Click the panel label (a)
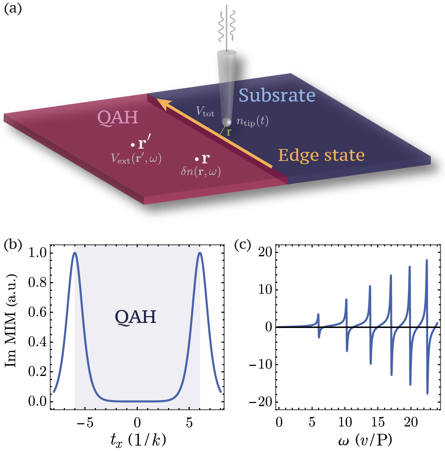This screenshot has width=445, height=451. pyautogui.click(x=13, y=8)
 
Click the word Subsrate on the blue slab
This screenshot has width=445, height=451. pyautogui.click(x=277, y=96)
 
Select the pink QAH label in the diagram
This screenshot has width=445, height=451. pyautogui.click(x=118, y=118)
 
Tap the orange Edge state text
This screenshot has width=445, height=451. pyautogui.click(x=321, y=155)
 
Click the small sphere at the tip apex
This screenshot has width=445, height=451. pyautogui.click(x=227, y=122)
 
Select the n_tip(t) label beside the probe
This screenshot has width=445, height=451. pyautogui.click(x=252, y=122)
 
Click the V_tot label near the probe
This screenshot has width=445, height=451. pyautogui.click(x=205, y=111)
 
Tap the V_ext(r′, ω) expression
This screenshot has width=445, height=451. pyautogui.click(x=136, y=158)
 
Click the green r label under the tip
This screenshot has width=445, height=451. pyautogui.click(x=229, y=132)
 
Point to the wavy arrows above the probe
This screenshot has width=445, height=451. pyautogui.click(x=226, y=25)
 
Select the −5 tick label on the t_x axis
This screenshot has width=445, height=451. pyautogui.click(x=85, y=422)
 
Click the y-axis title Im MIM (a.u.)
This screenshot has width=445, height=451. pyautogui.click(x=11, y=321)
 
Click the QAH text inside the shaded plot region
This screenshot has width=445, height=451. pyautogui.click(x=136, y=317)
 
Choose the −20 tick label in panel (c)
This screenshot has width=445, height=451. pyautogui.click(x=261, y=402)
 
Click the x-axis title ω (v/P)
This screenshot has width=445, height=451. pyautogui.click(x=365, y=440)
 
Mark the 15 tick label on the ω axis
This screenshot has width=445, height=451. pyautogui.click(x=378, y=422)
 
